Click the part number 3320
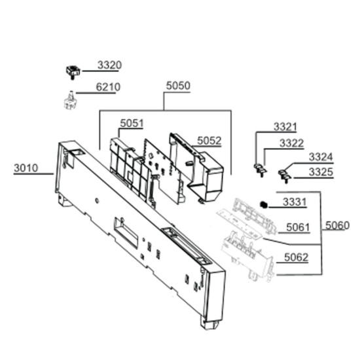coord(109,65)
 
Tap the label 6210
coord(108,87)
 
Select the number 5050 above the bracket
coord(178,86)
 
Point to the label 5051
coord(132,123)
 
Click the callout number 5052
coord(209,141)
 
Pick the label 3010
coord(26,168)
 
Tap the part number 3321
coord(285,127)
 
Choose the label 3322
coord(291,143)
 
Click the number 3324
coord(321,157)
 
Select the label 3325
coord(321,172)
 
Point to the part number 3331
coord(295,202)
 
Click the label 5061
coord(298,228)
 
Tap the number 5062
coord(296,257)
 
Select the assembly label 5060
coord(337,225)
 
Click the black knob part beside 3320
coord(73,71)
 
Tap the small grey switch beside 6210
coord(69,101)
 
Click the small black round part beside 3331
coord(264,205)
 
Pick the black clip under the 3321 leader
coord(261,170)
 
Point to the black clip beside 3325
coord(285,175)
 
